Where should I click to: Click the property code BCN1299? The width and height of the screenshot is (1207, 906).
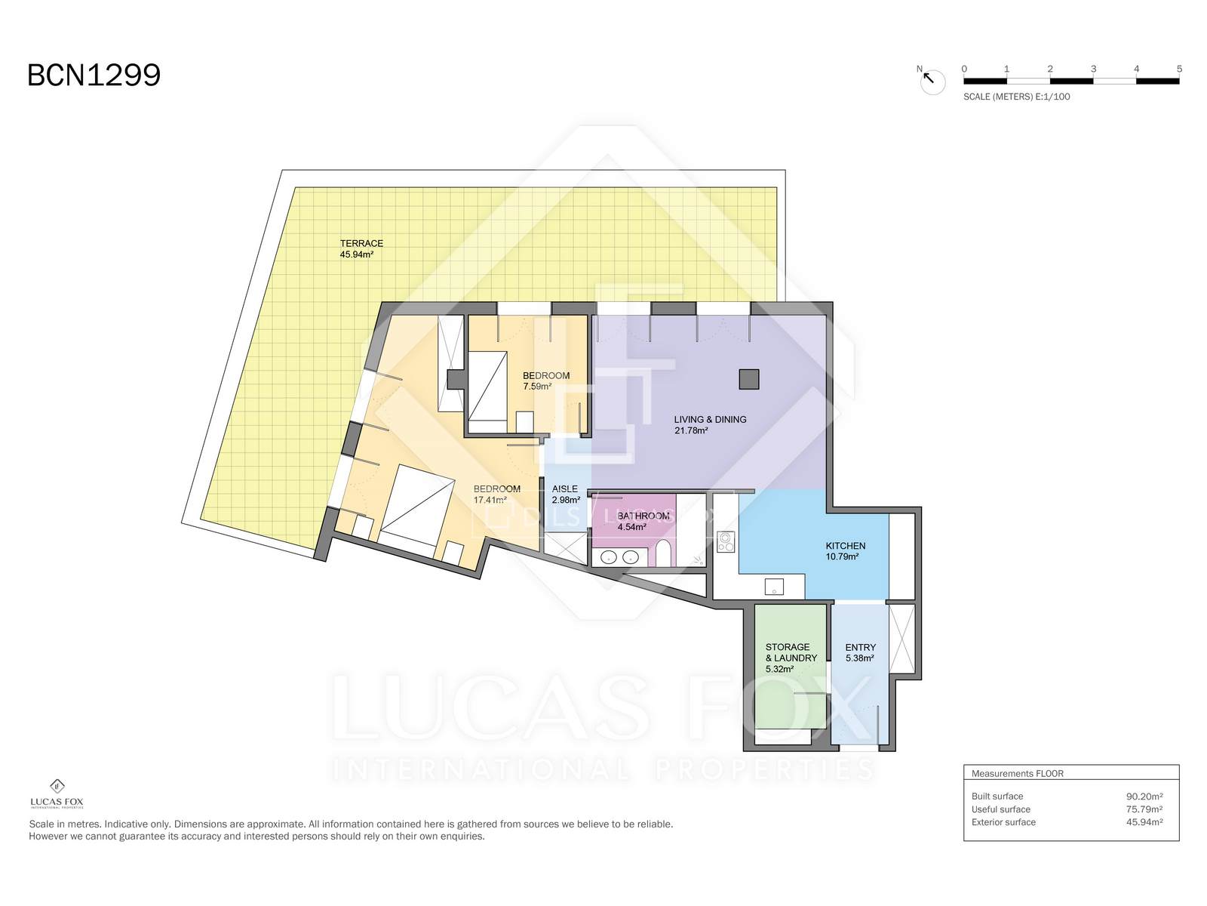[94, 75]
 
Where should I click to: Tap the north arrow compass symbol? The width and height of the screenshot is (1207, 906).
[932, 81]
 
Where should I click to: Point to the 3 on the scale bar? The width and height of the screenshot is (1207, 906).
[1093, 69]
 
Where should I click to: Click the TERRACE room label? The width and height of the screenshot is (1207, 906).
[361, 243]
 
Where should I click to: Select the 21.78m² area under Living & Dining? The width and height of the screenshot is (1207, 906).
[691, 430]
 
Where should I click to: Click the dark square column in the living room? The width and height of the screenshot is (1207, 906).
[748, 379]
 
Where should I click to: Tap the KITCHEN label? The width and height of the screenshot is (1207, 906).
[845, 546]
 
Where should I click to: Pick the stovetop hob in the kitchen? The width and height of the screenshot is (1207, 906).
[726, 542]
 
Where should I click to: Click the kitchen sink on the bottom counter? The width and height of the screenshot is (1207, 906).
[774, 587]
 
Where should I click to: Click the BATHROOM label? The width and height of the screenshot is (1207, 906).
[643, 516]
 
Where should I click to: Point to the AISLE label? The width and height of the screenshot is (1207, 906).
[565, 488]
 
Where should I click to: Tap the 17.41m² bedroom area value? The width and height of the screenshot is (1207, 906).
[490, 500]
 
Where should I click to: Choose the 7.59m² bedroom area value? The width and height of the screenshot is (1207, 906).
[537, 387]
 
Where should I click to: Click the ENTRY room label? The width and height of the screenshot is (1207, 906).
[861, 648]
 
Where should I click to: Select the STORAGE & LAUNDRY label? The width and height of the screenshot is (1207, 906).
[791, 652]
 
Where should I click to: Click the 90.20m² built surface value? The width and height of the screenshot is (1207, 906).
[1144, 797]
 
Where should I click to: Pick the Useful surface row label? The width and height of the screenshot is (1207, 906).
[1001, 809]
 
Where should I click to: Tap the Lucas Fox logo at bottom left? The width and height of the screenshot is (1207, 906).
[57, 794]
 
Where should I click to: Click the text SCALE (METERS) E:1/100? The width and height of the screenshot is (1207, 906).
[1017, 97]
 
